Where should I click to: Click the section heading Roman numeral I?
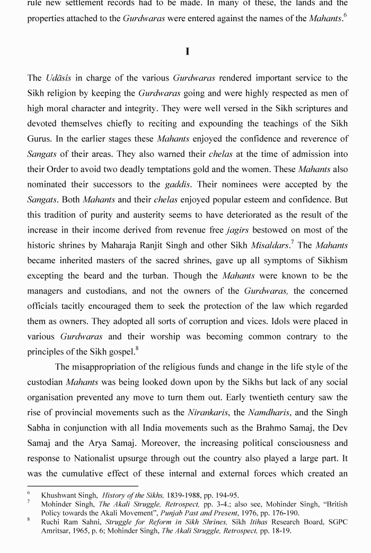(x=188, y=51)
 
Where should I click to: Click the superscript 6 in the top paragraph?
(x=345, y=15)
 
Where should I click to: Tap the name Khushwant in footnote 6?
(x=59, y=495)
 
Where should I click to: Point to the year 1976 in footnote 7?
(x=249, y=513)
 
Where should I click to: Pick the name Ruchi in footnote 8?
(x=51, y=522)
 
